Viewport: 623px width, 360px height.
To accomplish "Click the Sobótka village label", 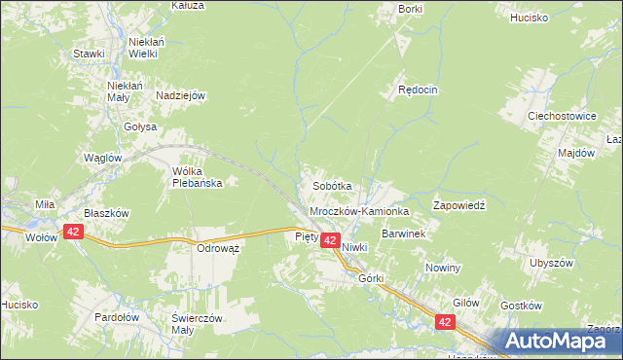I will click(x=331, y=185).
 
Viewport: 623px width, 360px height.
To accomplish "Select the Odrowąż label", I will click(x=218, y=248).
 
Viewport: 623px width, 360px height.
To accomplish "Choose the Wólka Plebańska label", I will click(x=198, y=176).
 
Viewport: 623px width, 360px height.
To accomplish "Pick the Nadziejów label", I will click(x=180, y=95).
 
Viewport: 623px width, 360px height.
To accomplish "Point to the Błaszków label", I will click(x=106, y=213).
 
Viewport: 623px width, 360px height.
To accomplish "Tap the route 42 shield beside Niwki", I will click(x=330, y=240).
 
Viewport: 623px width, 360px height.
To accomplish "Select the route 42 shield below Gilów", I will click(x=445, y=321).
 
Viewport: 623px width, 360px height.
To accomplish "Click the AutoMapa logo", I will click(x=559, y=342).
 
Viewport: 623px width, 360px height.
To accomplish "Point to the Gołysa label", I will click(x=140, y=126).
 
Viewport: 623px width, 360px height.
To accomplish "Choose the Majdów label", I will click(x=576, y=153).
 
